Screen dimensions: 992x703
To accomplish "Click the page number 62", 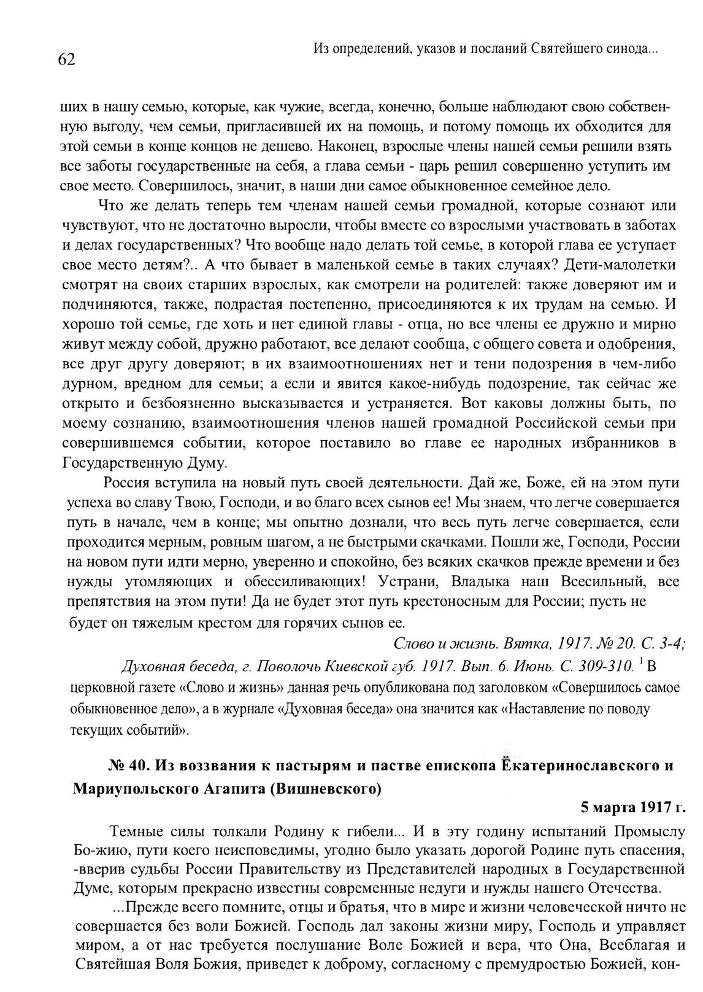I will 66,60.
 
